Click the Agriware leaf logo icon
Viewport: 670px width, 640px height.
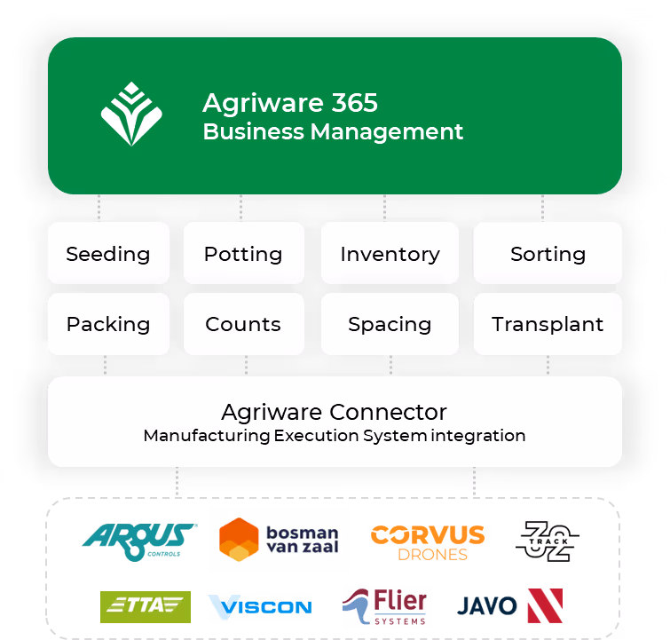click(x=131, y=115)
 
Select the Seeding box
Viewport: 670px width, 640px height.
click(x=108, y=253)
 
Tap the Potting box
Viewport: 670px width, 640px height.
click(x=243, y=253)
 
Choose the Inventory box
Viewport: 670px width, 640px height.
click(x=390, y=253)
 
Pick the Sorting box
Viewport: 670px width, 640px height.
click(x=548, y=253)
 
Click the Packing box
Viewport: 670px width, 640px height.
click(x=108, y=324)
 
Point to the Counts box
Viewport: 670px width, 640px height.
click(x=243, y=324)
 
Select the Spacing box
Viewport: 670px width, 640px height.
click(x=390, y=324)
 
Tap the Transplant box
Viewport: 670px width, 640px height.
click(x=548, y=324)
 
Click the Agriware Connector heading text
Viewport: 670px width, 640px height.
click(x=334, y=412)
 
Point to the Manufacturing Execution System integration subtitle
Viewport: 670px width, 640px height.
click(x=334, y=436)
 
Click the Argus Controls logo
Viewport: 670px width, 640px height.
click(x=138, y=541)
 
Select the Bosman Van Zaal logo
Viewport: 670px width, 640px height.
click(x=279, y=540)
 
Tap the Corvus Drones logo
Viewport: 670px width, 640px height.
click(x=428, y=542)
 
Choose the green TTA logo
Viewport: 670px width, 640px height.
click(x=146, y=607)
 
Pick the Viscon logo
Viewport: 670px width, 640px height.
click(x=260, y=607)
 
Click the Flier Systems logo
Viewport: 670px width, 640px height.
click(x=387, y=607)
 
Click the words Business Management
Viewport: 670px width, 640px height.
click(x=333, y=132)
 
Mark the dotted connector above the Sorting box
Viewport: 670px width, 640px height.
click(x=542, y=208)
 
